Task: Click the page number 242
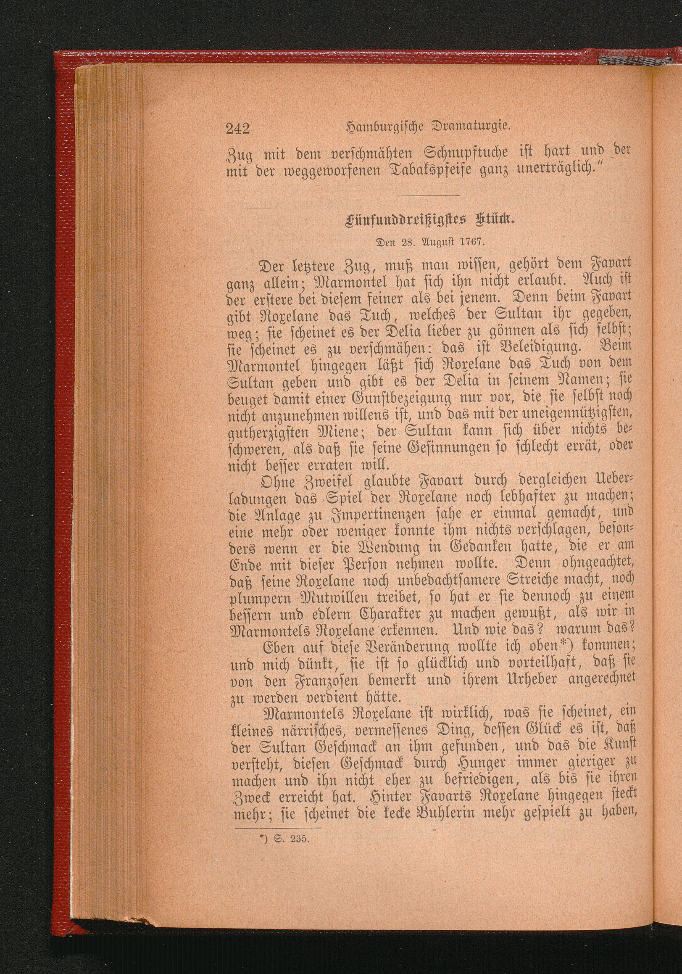point(238,127)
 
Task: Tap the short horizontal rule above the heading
point(429,195)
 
